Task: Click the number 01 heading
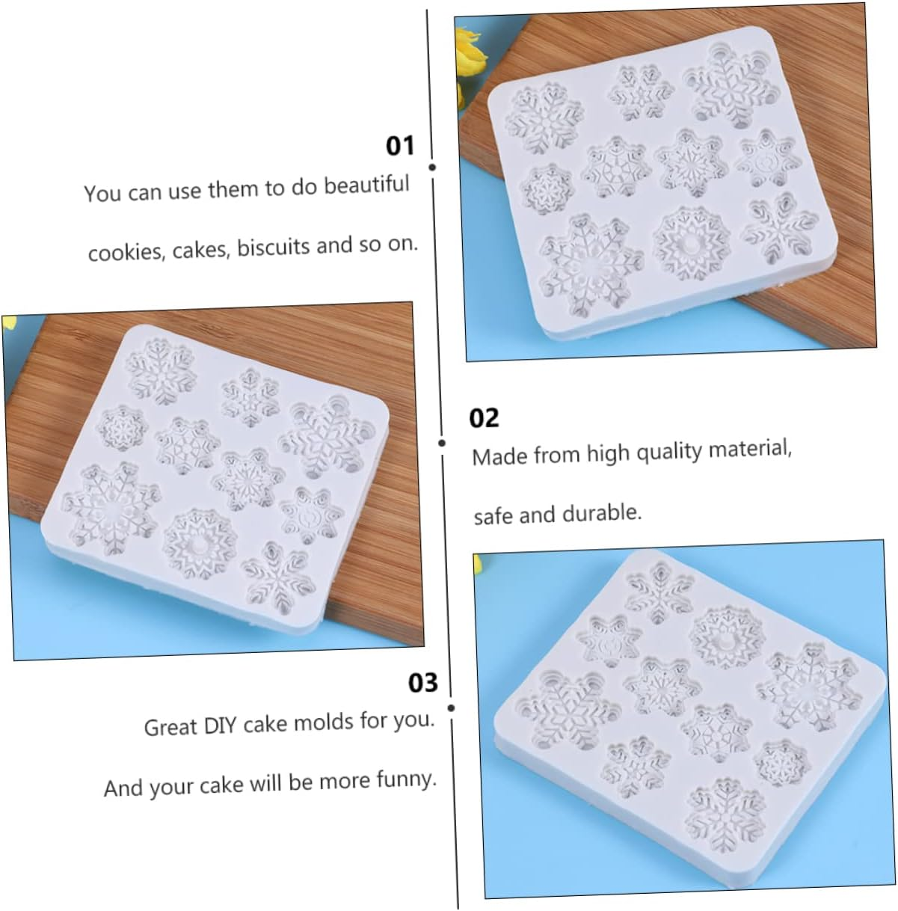point(400,145)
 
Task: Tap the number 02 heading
point(484,418)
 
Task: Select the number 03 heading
point(422,682)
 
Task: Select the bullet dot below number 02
point(442,444)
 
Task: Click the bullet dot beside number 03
point(451,707)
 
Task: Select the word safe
point(493,515)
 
